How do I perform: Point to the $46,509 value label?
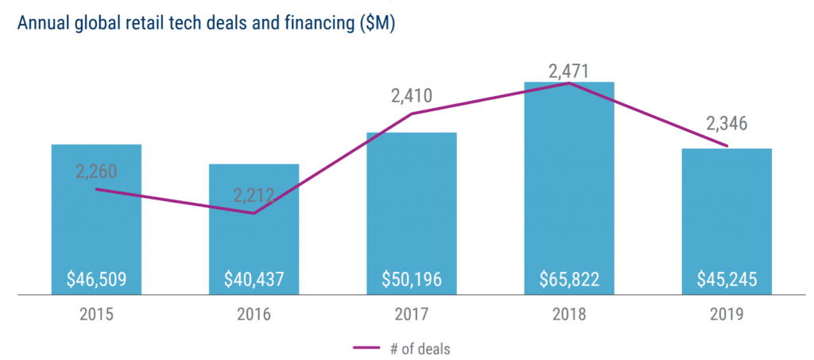pyautogui.click(x=96, y=280)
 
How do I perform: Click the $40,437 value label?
pyautogui.click(x=254, y=280)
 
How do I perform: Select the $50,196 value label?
pyautogui.click(x=411, y=280)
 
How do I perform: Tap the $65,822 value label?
pyautogui.click(x=569, y=280)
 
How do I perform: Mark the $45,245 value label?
pyautogui.click(x=727, y=280)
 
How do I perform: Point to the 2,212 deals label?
pyautogui.click(x=254, y=195)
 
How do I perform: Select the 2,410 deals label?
pyautogui.click(x=411, y=97)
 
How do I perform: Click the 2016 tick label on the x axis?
pyautogui.click(x=254, y=315)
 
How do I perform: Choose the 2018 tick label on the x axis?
pyautogui.click(x=569, y=315)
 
